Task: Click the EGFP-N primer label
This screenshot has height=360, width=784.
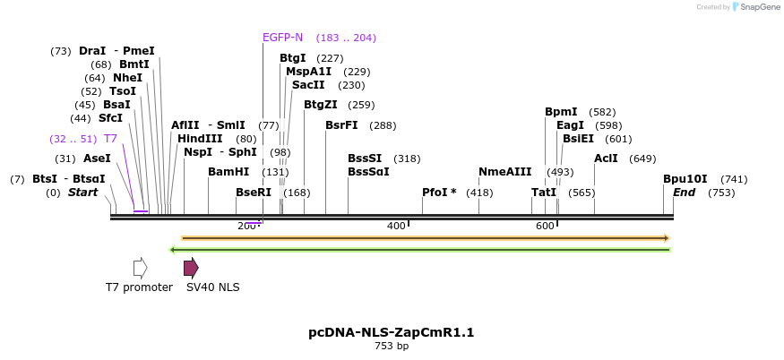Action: click(x=282, y=38)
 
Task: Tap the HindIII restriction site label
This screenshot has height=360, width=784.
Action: click(x=199, y=139)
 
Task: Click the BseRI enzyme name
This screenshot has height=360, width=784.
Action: click(x=254, y=193)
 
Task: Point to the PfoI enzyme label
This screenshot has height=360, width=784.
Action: click(x=439, y=193)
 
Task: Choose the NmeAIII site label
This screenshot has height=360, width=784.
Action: click(x=504, y=172)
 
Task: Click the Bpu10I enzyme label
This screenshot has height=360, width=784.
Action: click(x=685, y=179)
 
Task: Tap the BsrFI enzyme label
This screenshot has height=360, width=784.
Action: click(x=341, y=125)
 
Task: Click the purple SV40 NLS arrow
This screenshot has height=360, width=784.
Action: click(x=191, y=267)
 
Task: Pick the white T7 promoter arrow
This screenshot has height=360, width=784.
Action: click(x=140, y=267)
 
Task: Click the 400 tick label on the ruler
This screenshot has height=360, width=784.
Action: click(x=396, y=226)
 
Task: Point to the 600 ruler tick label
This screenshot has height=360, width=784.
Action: click(x=545, y=226)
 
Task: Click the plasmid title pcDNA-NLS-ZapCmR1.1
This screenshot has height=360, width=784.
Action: click(x=392, y=332)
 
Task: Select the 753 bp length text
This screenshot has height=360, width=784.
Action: click(x=392, y=347)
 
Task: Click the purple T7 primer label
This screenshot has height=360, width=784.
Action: click(x=110, y=139)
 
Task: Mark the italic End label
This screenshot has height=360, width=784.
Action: click(x=684, y=193)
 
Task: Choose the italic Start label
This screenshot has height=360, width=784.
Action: click(x=82, y=193)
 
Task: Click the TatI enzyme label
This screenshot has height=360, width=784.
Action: click(x=543, y=193)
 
